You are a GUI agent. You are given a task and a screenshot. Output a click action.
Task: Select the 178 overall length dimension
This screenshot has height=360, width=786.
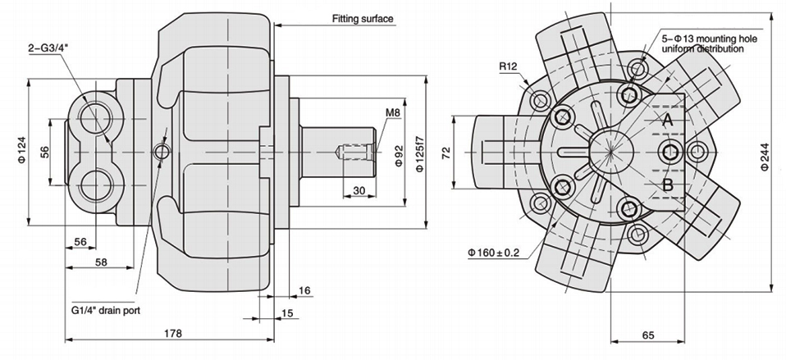172,333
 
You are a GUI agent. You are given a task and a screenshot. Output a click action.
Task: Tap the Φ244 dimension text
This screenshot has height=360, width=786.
763,153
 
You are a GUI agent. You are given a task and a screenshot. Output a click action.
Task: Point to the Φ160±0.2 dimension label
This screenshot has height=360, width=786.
494,253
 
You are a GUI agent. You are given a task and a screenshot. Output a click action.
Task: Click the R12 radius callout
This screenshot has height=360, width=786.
508,66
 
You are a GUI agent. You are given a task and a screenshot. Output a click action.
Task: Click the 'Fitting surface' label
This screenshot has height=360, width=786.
361,18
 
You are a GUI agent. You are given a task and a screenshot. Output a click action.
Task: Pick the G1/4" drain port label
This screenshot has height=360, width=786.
105,311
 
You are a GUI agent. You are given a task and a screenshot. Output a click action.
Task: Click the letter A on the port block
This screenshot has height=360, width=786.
668,120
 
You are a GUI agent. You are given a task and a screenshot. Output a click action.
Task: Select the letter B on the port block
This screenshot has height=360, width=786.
668,184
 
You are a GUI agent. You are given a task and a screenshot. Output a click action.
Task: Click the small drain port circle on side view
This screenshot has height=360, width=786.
162,153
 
